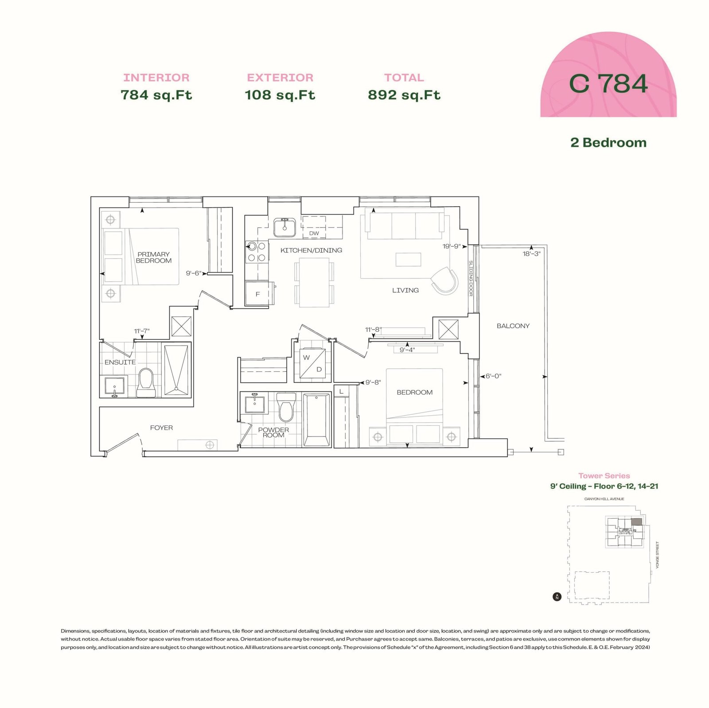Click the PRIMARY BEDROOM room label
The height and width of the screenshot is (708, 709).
pyautogui.click(x=154, y=257)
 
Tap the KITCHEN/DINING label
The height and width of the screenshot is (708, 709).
pyautogui.click(x=311, y=250)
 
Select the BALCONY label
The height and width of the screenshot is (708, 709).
pyautogui.click(x=513, y=326)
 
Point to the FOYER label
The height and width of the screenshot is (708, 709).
pyautogui.click(x=161, y=428)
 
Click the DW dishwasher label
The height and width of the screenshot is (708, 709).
pyautogui.click(x=314, y=233)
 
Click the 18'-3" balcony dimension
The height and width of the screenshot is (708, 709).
pyautogui.click(x=531, y=254)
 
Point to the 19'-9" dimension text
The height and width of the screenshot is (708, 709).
pyautogui.click(x=452, y=246)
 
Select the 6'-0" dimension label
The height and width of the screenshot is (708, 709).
pyautogui.click(x=493, y=376)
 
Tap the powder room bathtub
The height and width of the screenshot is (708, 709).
pyautogui.click(x=316, y=420)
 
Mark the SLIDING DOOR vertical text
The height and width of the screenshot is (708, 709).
pyautogui.click(x=471, y=279)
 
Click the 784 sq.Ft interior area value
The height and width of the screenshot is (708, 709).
pyautogui.click(x=156, y=95)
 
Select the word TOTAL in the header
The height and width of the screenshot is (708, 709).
pyautogui.click(x=404, y=78)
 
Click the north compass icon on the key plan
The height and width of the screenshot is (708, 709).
pyautogui.click(x=557, y=597)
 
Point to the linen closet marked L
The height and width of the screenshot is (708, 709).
pyautogui.click(x=341, y=392)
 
